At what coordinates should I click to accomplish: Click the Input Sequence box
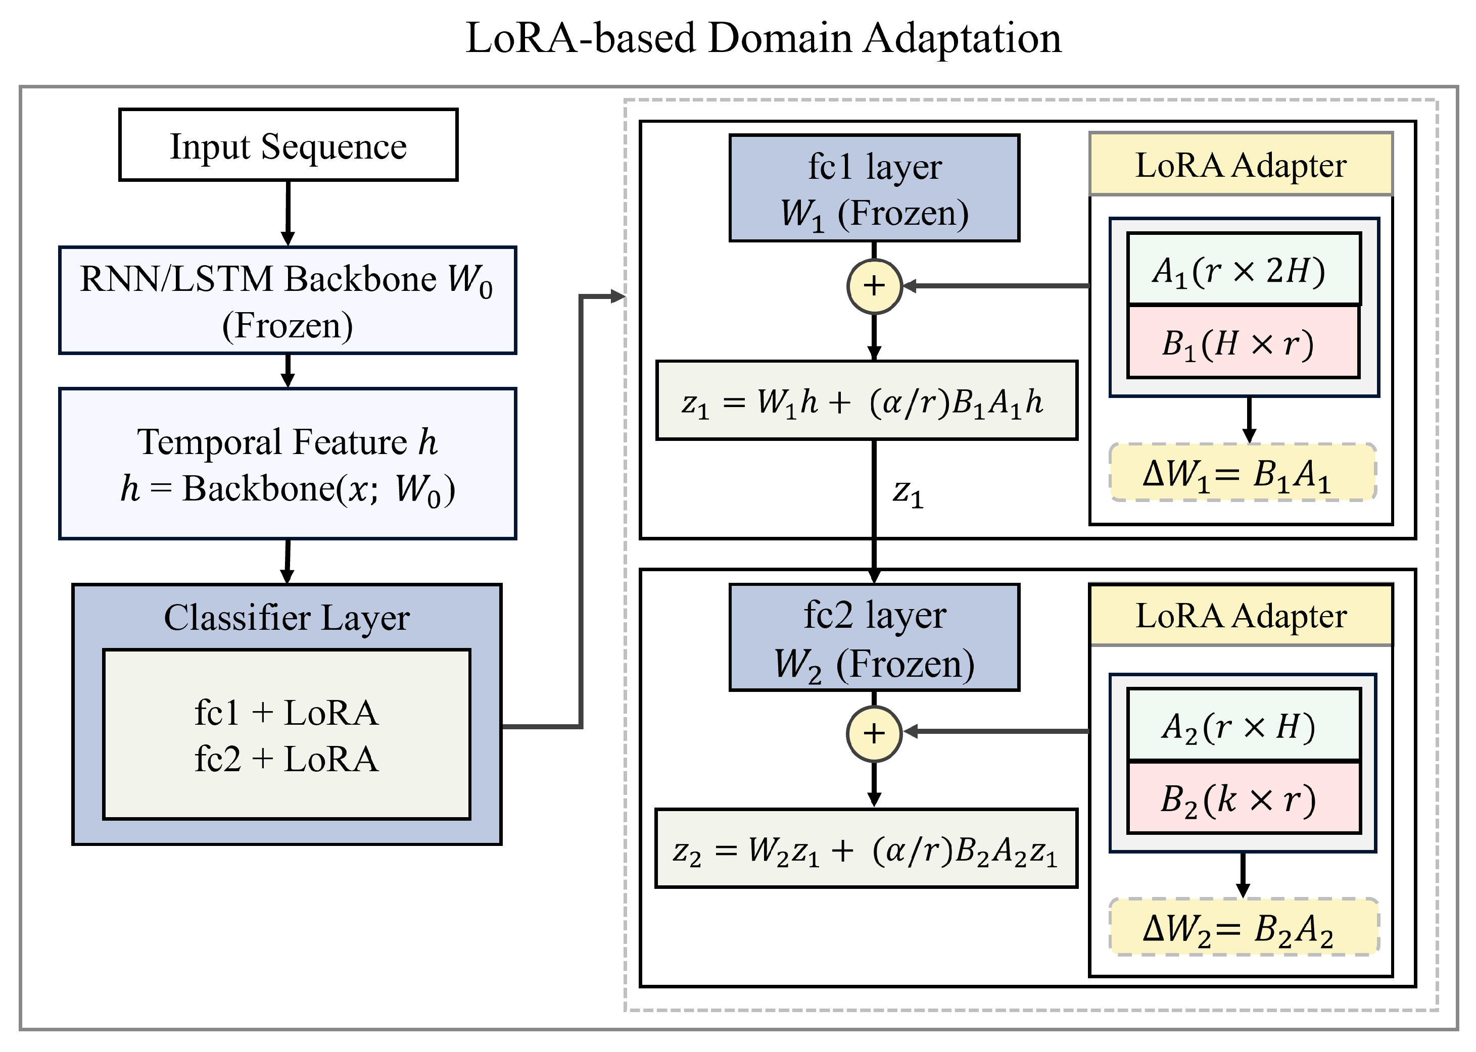pos(289,144)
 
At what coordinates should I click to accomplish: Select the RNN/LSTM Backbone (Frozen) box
pos(288,300)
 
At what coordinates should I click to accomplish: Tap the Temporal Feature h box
pos(288,464)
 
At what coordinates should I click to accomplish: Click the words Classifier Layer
pos(287,617)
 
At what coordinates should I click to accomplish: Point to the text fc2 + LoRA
pos(287,759)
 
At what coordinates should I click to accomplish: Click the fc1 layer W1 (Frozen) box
pos(874,188)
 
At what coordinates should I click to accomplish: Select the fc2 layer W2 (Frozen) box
pos(874,637)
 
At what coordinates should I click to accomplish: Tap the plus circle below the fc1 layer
pos(874,286)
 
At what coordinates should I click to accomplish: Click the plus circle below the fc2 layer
pos(874,733)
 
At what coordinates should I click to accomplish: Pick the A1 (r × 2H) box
pos(1244,269)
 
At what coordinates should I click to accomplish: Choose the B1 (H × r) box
pos(1244,342)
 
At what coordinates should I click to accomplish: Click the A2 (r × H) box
pos(1244,725)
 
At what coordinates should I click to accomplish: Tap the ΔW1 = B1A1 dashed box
pos(1243,472)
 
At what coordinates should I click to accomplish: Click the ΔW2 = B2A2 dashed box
pos(1244,927)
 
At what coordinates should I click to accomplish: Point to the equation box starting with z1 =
pos(867,400)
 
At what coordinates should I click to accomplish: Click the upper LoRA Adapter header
pos(1241,164)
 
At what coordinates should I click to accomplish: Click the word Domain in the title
pos(780,37)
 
